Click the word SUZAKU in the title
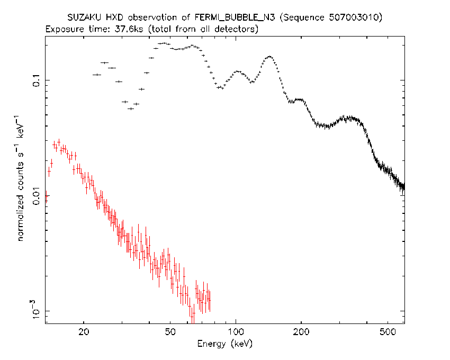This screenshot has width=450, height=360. click(x=84, y=17)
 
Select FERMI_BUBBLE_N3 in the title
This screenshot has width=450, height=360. click(x=235, y=18)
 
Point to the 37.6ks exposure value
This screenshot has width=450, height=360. click(x=129, y=29)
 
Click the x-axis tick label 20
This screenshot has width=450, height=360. click(x=84, y=332)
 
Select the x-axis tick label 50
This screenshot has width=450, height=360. click(x=170, y=332)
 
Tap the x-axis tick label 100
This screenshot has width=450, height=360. click(x=236, y=332)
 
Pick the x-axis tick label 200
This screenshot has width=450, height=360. click(x=301, y=332)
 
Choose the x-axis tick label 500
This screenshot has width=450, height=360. click(x=388, y=332)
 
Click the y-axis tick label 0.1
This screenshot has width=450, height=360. click(x=37, y=80)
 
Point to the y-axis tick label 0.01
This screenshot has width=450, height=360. click(x=37, y=196)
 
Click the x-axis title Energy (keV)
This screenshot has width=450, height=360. click(x=224, y=344)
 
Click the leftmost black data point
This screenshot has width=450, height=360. click(x=97, y=75)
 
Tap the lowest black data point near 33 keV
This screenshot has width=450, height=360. click(x=131, y=109)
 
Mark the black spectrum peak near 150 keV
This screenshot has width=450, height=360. click(x=269, y=57)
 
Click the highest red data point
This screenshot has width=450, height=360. click(x=59, y=141)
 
